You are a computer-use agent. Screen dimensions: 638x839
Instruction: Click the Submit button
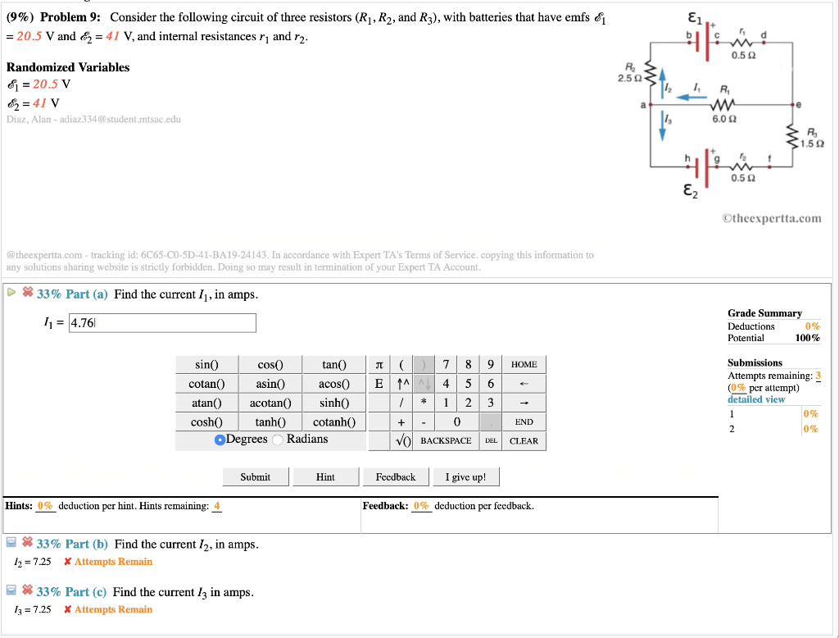(255, 477)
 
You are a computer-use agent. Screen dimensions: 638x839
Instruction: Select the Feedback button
(395, 477)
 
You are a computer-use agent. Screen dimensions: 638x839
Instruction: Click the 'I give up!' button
(465, 477)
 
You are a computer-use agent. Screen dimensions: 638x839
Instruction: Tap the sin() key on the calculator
(206, 364)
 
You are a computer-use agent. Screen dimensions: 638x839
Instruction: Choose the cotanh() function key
(334, 422)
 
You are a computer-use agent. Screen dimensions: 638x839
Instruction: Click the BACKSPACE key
(445, 441)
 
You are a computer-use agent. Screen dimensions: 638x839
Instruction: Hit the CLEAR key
(524, 441)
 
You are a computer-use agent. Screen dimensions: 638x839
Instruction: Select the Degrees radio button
(220, 440)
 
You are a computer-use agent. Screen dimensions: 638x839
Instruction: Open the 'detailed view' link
(755, 399)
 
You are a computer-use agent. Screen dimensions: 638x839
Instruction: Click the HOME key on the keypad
(524, 364)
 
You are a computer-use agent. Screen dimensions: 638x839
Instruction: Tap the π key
(378, 364)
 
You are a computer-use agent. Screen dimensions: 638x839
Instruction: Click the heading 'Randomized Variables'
(68, 67)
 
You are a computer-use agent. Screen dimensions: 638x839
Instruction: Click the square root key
(401, 441)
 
